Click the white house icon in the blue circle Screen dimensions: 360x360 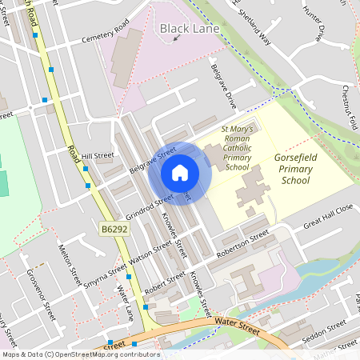pyautogui.click(x=180, y=173)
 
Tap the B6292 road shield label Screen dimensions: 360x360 pyautogui.click(x=114, y=230)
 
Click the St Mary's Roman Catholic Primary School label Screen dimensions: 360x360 pyautogui.click(x=237, y=148)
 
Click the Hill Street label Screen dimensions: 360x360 pyautogui.click(x=98, y=156)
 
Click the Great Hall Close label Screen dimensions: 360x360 pyautogui.click(x=328, y=216)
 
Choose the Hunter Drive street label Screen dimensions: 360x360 pyautogui.click(x=314, y=23)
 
